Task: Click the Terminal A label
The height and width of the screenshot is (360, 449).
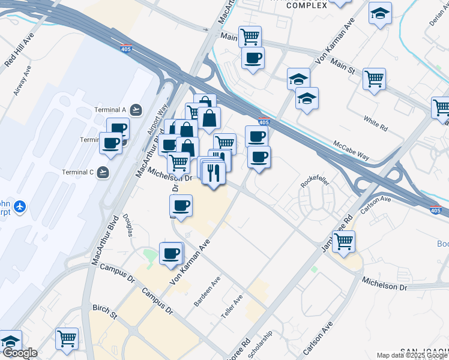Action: (x=110, y=110)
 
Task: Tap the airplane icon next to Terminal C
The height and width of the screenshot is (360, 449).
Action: (x=104, y=172)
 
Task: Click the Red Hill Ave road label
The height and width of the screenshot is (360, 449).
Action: (x=19, y=50)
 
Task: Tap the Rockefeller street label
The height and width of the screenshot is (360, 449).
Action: (x=312, y=182)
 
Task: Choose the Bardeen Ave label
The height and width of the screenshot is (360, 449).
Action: (x=208, y=292)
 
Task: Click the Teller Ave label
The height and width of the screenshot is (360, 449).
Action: (x=233, y=306)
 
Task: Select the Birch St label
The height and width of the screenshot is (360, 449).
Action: (x=104, y=311)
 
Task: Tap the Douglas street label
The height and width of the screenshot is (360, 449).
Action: (x=127, y=225)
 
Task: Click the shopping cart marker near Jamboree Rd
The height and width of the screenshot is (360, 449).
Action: (x=343, y=241)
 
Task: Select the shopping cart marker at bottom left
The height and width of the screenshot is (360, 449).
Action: (x=67, y=338)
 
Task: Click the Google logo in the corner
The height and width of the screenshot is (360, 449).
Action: (x=19, y=353)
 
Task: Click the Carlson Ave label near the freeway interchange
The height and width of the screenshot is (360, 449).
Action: (x=376, y=205)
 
